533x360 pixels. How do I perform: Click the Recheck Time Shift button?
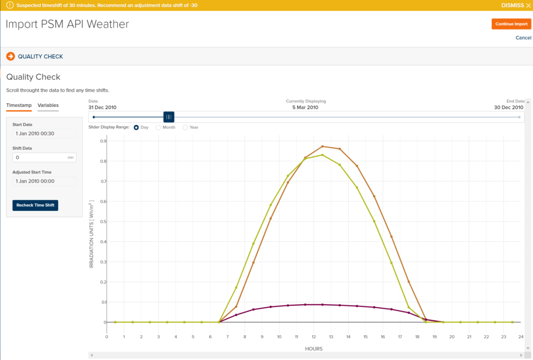coord(35,205)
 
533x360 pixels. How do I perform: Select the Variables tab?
coord(48,105)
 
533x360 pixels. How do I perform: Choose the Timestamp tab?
coord(19,105)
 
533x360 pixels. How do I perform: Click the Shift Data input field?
coord(40,157)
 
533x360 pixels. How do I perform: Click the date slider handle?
coord(169,117)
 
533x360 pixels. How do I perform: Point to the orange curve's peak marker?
coord(323,146)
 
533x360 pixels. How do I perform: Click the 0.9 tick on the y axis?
coord(104,141)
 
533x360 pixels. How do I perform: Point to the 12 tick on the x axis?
coord(314,337)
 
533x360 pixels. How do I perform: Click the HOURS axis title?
coord(314,349)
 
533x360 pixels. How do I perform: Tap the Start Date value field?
coord(44,133)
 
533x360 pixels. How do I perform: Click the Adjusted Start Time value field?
coord(44,181)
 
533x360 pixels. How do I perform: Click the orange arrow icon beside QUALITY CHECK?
coord(10,56)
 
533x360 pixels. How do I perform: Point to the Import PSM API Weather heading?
coord(67,24)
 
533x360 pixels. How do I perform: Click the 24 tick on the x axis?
coord(521,337)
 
